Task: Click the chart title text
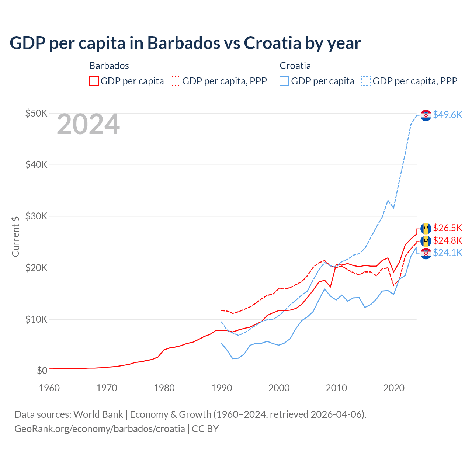pos(185,43)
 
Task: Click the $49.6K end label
pos(447,115)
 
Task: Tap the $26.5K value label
pos(447,228)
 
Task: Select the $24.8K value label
pos(447,240)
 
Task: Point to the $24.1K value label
pos(447,253)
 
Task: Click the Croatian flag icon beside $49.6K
pos(426,115)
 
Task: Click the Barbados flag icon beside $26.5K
pos(426,229)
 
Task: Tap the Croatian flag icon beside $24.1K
pos(426,254)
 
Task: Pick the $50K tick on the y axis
pos(36,113)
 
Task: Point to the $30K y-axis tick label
pos(36,216)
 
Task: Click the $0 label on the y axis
pos(42,371)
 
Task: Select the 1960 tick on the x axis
pos(49,388)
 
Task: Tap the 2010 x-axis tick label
pos(336,388)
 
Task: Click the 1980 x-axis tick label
pos(164,388)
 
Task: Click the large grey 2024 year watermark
pos(88,125)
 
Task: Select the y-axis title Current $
pos(15,236)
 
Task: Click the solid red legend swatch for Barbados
pos(94,81)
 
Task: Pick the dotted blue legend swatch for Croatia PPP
pos(366,81)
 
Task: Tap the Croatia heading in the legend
pos(295,66)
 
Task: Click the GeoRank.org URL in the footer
pos(100,429)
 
